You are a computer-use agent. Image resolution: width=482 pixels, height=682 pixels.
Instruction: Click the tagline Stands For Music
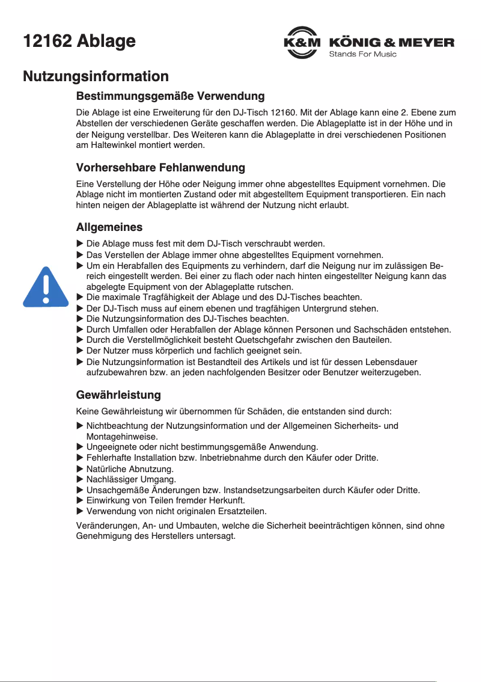(362, 55)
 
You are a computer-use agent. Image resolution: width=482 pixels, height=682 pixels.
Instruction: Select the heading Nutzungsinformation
(96, 77)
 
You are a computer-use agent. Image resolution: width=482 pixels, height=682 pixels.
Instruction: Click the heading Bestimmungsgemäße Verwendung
(170, 96)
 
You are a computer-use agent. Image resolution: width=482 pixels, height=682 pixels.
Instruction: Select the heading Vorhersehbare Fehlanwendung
(160, 167)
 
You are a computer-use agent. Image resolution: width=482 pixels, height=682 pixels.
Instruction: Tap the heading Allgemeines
(109, 227)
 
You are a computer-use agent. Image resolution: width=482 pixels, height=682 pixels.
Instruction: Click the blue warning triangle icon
(46, 287)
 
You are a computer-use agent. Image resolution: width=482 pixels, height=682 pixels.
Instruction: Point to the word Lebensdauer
(394, 362)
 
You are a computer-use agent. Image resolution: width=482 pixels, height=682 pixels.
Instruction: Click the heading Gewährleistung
(118, 395)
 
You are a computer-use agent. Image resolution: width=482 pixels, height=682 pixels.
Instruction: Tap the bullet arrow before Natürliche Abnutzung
(80, 468)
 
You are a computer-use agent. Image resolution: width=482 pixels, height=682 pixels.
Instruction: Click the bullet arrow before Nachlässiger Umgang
(80, 479)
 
